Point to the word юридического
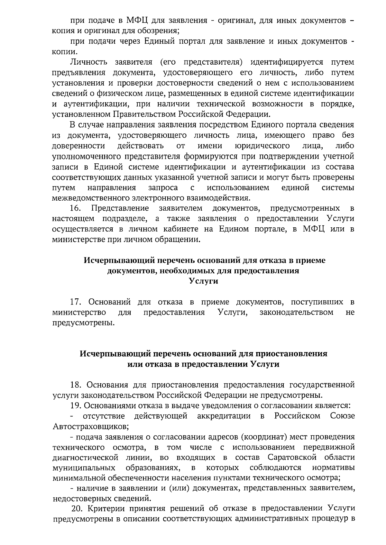click(x=262, y=146)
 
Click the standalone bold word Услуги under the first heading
click(x=203, y=281)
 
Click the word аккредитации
click(x=224, y=416)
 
